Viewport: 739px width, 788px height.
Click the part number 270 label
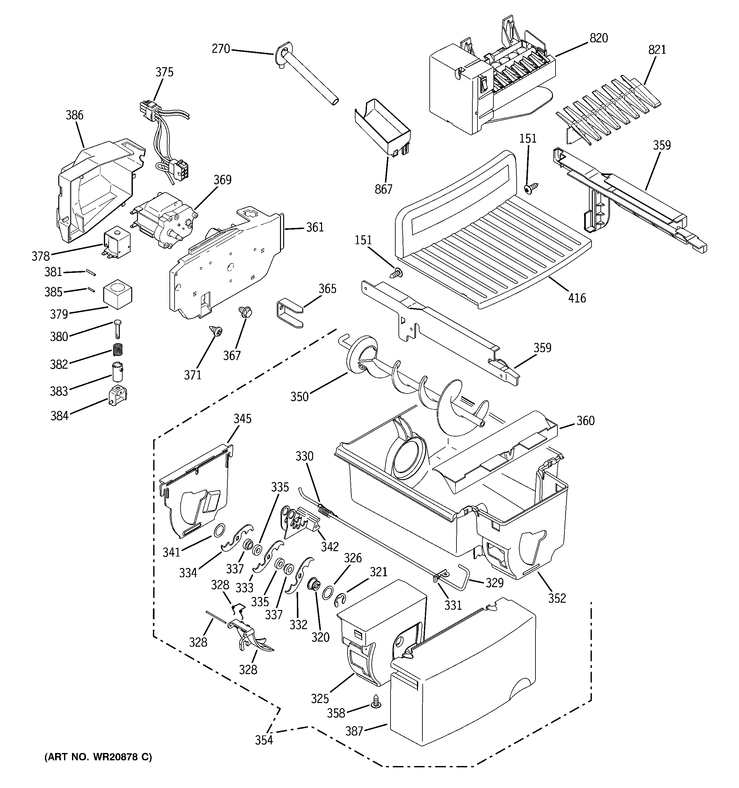point(220,49)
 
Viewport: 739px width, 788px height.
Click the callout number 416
point(577,298)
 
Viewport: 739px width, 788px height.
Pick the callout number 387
point(354,730)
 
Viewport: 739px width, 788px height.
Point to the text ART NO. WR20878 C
point(97,757)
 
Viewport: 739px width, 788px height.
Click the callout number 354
point(264,740)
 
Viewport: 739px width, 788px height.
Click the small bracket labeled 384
point(118,395)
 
